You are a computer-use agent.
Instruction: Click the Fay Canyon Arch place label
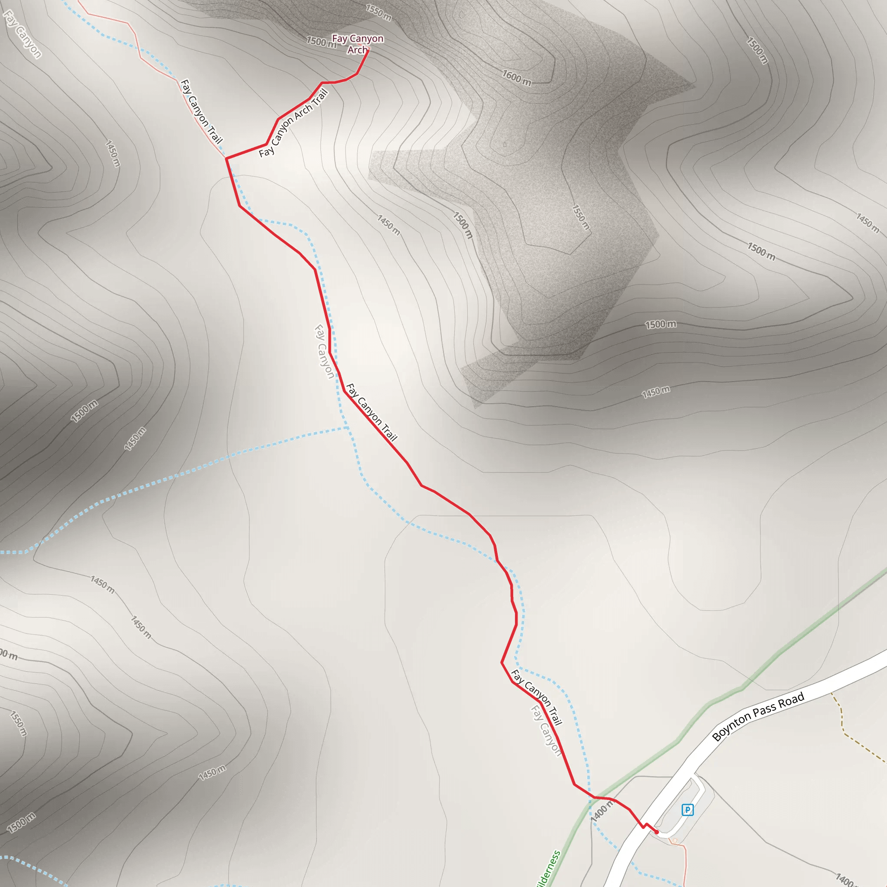pyautogui.click(x=357, y=44)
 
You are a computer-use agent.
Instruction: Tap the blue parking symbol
pyautogui.click(x=687, y=810)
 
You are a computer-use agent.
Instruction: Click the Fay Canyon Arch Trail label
pyautogui.click(x=293, y=123)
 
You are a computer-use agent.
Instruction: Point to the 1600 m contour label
pyautogui.click(x=517, y=78)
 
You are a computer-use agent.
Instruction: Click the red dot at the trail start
pyautogui.click(x=657, y=832)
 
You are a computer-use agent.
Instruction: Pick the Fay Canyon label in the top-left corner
pyautogui.click(x=22, y=35)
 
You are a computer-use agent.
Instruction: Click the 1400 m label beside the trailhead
pyautogui.click(x=602, y=811)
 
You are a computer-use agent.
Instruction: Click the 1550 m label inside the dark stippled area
pyautogui.click(x=581, y=217)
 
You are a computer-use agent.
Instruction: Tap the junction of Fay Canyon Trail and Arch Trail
pyautogui.click(x=227, y=158)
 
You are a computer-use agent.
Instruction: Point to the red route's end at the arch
pyautogui.click(x=368, y=51)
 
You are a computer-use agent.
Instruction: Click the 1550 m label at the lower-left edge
pyautogui.click(x=18, y=724)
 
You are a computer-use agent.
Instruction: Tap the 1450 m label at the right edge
pyautogui.click(x=867, y=222)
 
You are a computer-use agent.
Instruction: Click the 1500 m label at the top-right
pyautogui.click(x=757, y=50)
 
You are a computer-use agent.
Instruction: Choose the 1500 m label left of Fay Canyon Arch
pyautogui.click(x=321, y=42)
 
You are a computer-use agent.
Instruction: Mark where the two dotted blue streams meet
pyautogui.click(x=348, y=428)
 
